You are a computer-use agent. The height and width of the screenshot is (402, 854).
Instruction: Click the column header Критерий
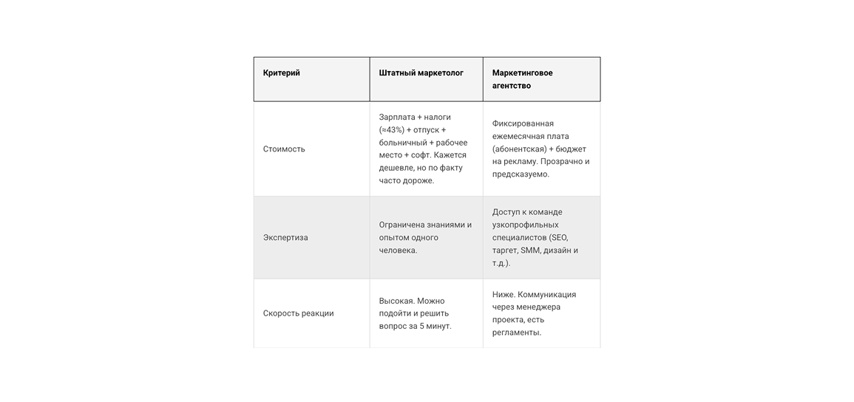tap(281, 73)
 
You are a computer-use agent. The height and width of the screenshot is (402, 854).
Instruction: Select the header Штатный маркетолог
tap(421, 73)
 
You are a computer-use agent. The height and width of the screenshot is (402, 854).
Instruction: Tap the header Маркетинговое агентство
tap(522, 79)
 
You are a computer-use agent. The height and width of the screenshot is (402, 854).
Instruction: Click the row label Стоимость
tap(284, 149)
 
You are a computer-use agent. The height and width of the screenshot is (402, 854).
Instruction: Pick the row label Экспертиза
tap(285, 238)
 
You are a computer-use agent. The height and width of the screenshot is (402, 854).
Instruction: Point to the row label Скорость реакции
tap(298, 313)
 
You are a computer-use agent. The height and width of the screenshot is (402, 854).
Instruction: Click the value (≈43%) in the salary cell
tap(391, 130)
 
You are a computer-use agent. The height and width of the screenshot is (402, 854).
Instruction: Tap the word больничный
tap(402, 143)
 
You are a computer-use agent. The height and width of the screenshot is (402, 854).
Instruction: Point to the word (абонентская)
tap(520, 149)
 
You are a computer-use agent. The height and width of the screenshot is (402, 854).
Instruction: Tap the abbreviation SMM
tap(530, 251)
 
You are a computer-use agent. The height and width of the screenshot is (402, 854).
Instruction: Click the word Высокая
tap(396, 301)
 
